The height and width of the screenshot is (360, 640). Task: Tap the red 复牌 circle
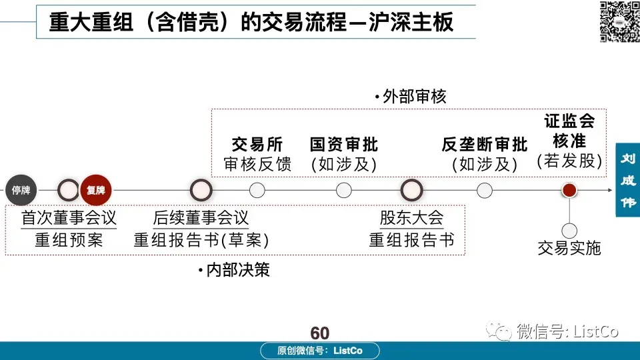tap(96, 190)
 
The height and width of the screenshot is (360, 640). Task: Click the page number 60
tap(320, 333)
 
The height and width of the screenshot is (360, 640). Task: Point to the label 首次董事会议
tap(69, 218)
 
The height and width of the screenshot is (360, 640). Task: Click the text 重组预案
tap(69, 240)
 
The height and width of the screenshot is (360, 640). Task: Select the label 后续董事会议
tap(201, 218)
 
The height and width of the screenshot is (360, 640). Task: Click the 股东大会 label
tap(411, 218)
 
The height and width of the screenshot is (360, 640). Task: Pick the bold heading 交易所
tap(257, 144)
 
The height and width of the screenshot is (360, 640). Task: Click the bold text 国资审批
tap(344, 144)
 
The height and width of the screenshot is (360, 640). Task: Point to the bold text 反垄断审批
tap(485, 144)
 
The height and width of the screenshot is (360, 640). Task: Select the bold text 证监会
tap(569, 121)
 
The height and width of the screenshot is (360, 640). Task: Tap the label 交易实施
tap(569, 249)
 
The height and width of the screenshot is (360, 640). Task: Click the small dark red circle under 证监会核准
tap(569, 191)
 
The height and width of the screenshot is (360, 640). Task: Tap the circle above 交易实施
tap(569, 231)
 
